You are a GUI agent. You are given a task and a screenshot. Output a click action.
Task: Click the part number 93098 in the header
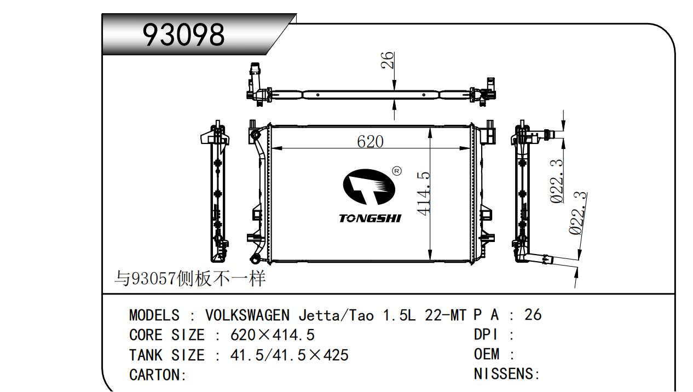click(x=183, y=34)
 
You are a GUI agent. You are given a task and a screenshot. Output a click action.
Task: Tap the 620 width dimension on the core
click(x=371, y=142)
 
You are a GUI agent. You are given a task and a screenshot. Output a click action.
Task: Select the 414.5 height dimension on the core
click(x=424, y=194)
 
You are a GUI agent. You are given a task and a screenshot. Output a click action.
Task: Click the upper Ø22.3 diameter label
click(x=557, y=181)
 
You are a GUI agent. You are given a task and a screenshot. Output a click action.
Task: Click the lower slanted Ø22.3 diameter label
click(x=577, y=213)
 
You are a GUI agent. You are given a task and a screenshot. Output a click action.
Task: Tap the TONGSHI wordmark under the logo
click(x=370, y=218)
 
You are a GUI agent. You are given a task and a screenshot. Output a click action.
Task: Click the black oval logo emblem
click(x=369, y=187)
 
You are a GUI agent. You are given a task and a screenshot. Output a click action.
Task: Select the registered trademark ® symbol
click(x=397, y=171)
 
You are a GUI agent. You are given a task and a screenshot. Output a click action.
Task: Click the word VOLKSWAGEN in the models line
click(x=247, y=315)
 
